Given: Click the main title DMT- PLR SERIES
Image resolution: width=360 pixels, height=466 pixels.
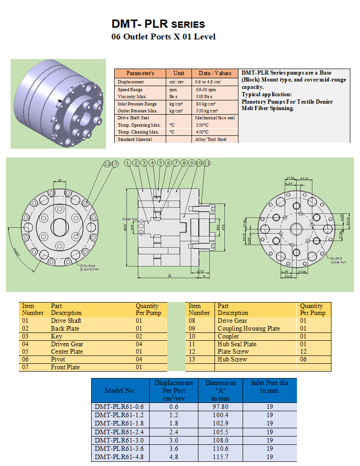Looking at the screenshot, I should [x=158, y=24].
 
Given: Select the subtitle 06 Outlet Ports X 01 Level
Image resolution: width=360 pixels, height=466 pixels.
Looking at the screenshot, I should [x=163, y=37].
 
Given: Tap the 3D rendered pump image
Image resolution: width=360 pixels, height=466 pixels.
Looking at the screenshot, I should [x=58, y=104].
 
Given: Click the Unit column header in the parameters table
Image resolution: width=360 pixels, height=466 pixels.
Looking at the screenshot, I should [x=179, y=73].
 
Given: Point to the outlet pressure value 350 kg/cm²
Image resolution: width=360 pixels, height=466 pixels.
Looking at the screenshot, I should [x=207, y=111].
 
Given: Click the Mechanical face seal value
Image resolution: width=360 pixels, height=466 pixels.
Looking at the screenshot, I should [x=215, y=118].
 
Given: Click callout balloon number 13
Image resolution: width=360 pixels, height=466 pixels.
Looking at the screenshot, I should [x=115, y=164].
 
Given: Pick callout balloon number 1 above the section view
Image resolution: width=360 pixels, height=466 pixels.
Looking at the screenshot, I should [x=128, y=163].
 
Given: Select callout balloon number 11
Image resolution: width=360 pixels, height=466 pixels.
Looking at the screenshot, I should [x=207, y=163].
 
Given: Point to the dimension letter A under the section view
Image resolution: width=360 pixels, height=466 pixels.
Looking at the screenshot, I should [x=169, y=276].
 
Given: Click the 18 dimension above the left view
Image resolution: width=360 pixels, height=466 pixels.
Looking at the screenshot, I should [x=60, y=181].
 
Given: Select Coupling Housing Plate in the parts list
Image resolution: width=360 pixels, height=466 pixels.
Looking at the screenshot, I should [x=249, y=328].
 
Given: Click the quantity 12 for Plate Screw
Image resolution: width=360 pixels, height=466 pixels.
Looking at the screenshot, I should [x=303, y=352].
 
